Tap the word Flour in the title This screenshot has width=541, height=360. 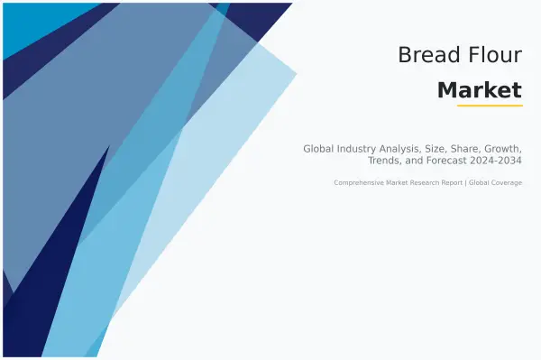pyautogui.click(x=493, y=55)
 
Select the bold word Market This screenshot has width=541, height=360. pyautogui.click(x=479, y=89)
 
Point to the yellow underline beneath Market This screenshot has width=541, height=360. pyautogui.click(x=490, y=106)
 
